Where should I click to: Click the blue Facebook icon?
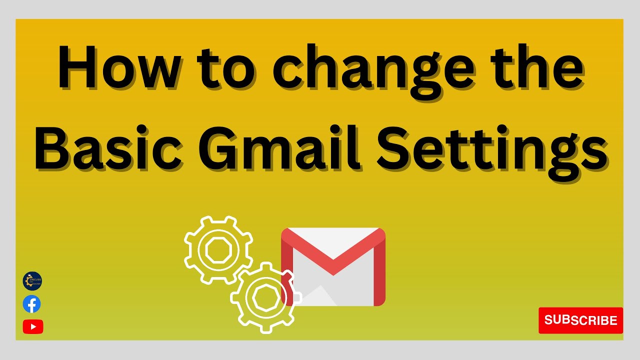[32, 304]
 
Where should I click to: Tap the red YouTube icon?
[33, 326]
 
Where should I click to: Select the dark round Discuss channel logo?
[32, 281]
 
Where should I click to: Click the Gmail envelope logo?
[333, 266]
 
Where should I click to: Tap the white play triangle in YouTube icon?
[33, 326]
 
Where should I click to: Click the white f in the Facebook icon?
[32, 304]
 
